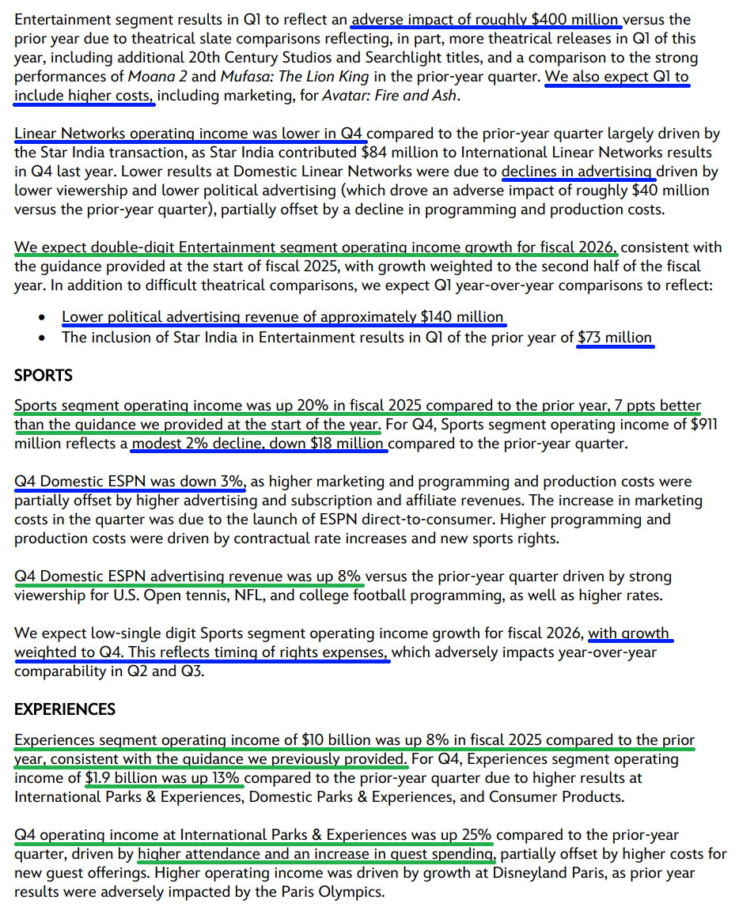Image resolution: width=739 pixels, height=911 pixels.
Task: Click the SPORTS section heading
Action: click(43, 376)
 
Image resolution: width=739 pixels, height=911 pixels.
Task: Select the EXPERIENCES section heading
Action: click(65, 709)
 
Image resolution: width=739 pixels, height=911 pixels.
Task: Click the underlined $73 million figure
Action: click(615, 338)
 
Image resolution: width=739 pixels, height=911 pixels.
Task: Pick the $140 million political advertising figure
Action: click(462, 317)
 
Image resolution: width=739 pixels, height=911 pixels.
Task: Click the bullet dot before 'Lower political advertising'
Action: click(41, 318)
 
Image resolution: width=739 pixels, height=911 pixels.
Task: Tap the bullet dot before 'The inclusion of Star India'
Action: click(41, 338)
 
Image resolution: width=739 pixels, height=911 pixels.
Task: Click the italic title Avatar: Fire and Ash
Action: click(389, 96)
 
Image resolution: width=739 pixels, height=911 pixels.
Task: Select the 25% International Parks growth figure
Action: click(475, 835)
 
